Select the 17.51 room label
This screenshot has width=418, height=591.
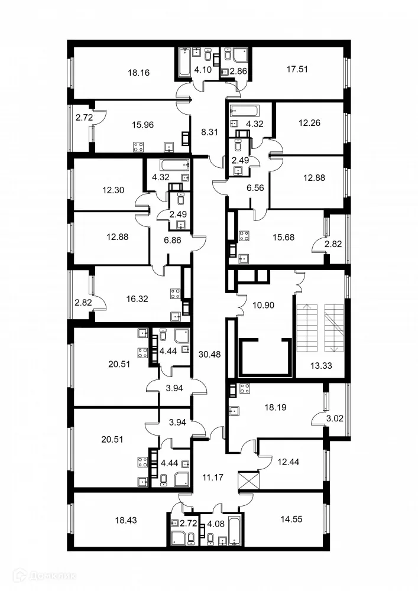297,69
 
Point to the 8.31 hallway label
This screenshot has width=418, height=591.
209,132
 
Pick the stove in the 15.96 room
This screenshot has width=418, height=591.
140,147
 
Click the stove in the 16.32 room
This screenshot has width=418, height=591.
175,293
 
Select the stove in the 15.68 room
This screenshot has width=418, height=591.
243,236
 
